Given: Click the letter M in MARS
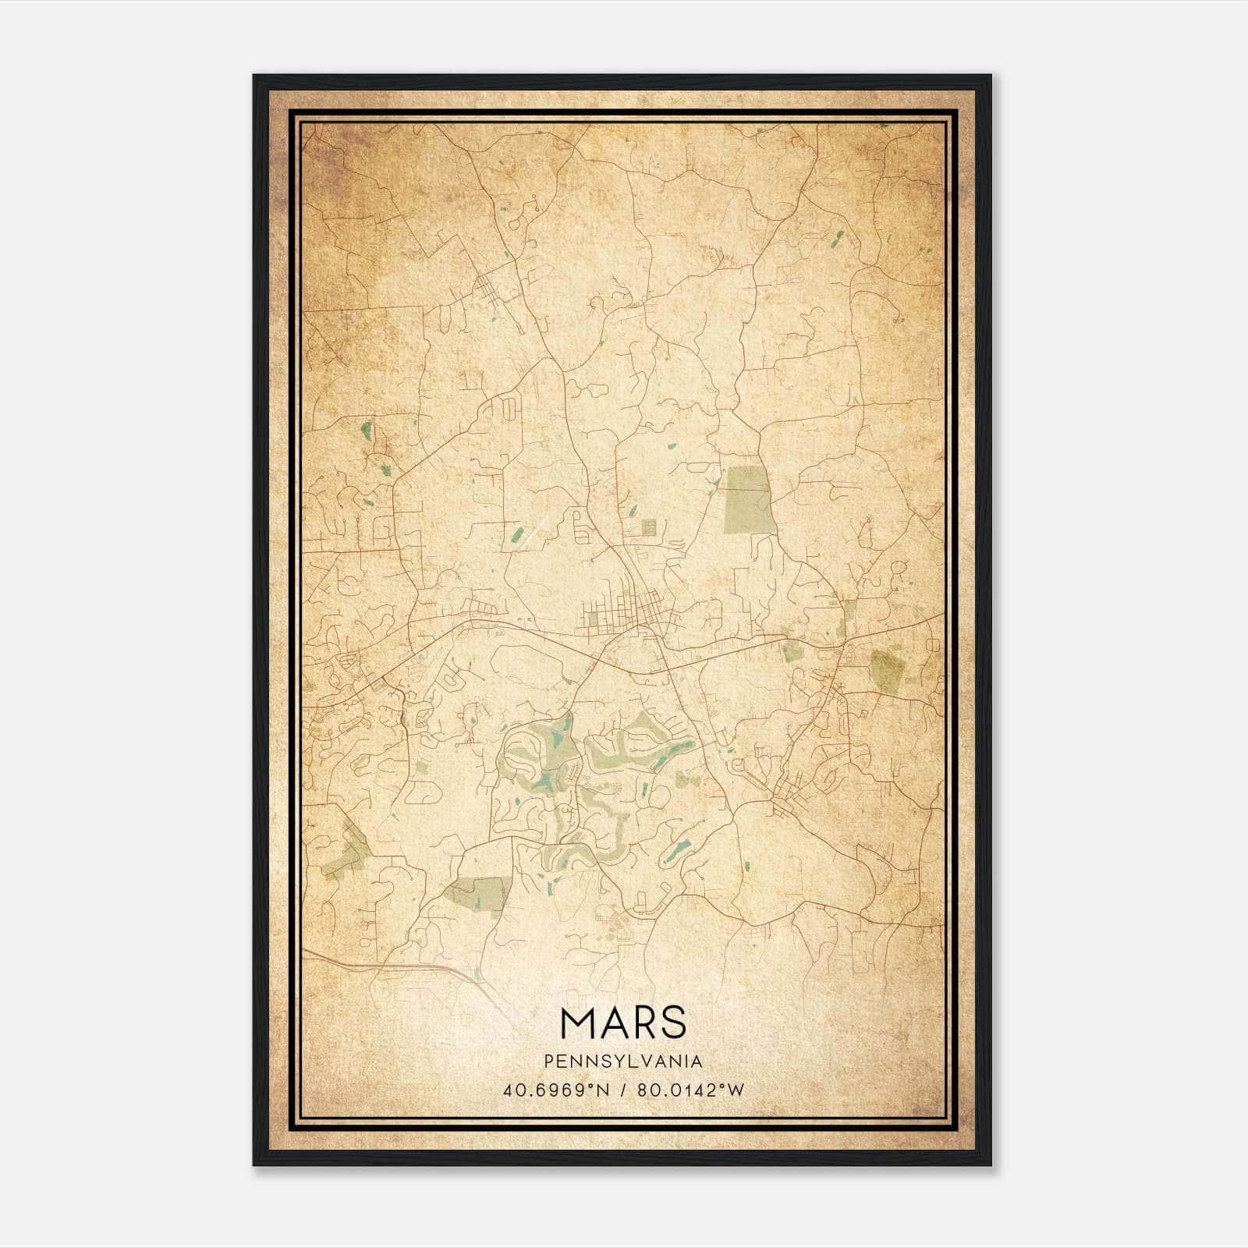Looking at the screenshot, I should pyautogui.click(x=578, y=1023).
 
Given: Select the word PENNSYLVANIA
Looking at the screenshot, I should pyautogui.click(x=623, y=1062).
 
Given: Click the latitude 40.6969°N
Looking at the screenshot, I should pyautogui.click(x=556, y=1090).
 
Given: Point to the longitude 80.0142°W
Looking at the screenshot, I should pyautogui.click(x=690, y=1090).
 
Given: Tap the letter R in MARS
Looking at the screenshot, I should pyautogui.click(x=643, y=1023).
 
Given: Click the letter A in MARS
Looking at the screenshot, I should pyautogui.click(x=612, y=1023).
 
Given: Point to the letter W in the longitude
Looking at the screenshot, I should pyautogui.click(x=735, y=1090).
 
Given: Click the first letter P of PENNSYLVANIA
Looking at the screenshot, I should pyautogui.click(x=549, y=1062).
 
